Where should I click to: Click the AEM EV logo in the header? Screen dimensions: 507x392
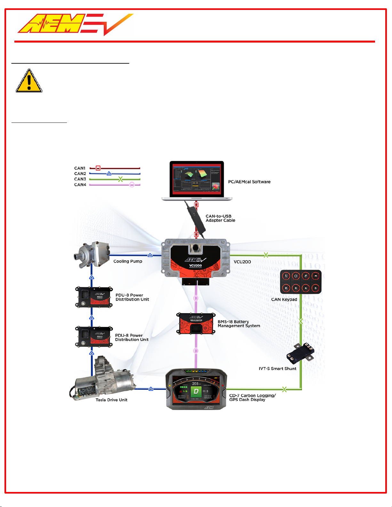pyautogui.click(x=75, y=24)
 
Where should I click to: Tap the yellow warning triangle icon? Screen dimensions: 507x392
pyautogui.click(x=29, y=81)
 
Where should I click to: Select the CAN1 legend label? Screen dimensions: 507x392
pyautogui.click(x=80, y=168)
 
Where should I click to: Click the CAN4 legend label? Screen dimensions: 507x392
pyautogui.click(x=80, y=185)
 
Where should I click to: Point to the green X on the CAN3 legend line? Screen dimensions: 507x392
pyautogui.click(x=120, y=179)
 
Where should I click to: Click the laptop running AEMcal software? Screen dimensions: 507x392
pyautogui.click(x=196, y=181)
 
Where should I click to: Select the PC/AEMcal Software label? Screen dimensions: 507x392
pyautogui.click(x=249, y=182)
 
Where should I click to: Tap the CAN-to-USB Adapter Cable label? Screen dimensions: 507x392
pyautogui.click(x=220, y=218)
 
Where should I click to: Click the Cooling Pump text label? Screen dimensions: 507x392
pyautogui.click(x=128, y=261)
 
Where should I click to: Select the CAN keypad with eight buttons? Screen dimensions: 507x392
pyautogui.click(x=300, y=282)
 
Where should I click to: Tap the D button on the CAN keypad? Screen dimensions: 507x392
pyautogui.click(x=316, y=288)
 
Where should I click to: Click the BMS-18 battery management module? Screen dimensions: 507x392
pyautogui.click(x=196, y=323)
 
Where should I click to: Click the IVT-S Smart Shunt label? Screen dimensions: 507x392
pyautogui.click(x=277, y=368)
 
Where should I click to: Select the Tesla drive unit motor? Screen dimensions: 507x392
pyautogui.click(x=102, y=379)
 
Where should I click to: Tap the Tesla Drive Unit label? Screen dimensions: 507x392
pyautogui.click(x=111, y=400)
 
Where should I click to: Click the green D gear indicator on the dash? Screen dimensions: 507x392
pyautogui.click(x=196, y=391)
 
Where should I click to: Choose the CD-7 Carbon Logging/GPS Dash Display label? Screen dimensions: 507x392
pyautogui.click(x=252, y=398)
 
